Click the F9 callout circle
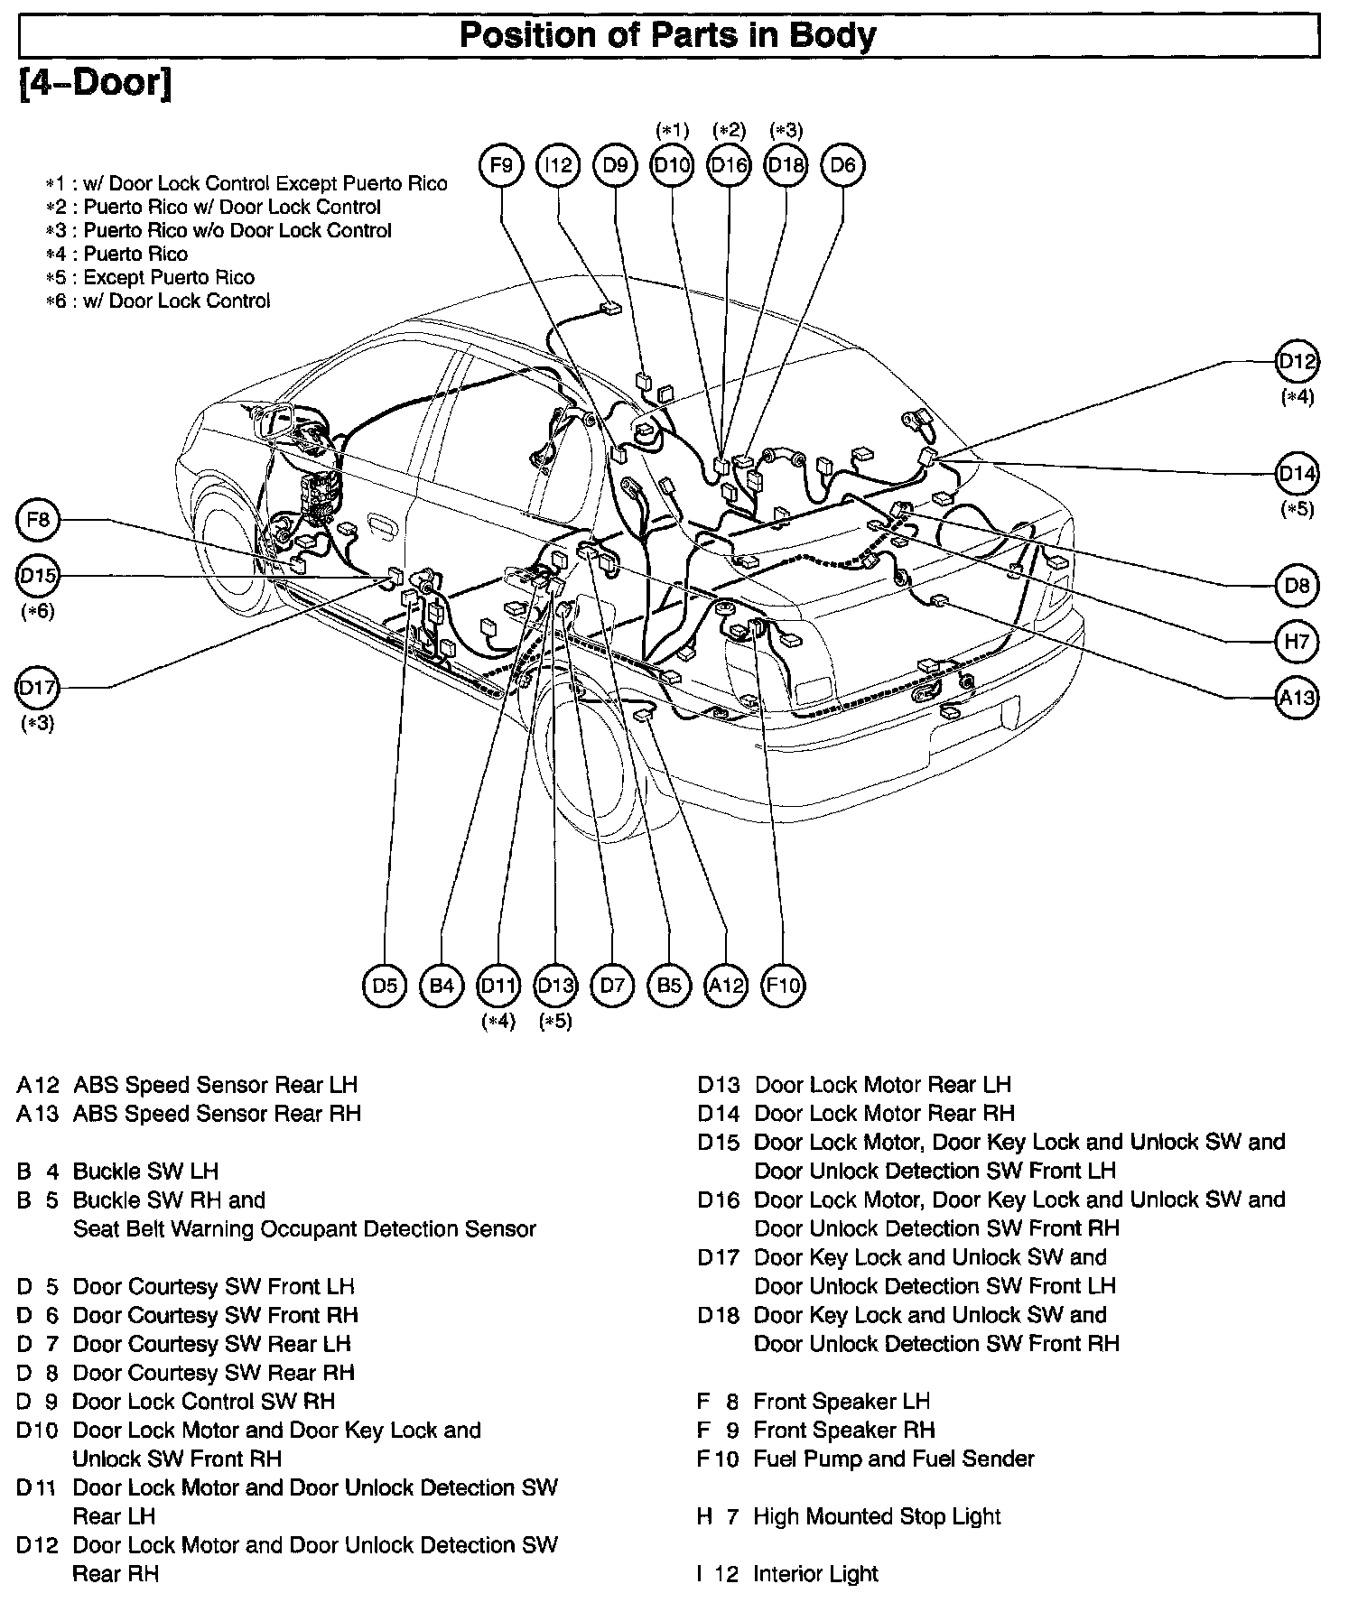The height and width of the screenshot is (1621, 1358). coord(501,165)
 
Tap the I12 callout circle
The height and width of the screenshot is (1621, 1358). coord(558,165)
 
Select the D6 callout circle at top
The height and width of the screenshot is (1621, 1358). coord(842,165)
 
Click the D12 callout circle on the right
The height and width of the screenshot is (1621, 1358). coord(1297,362)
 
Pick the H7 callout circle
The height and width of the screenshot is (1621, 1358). coord(1297,642)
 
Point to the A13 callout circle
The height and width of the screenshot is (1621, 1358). coord(1297,698)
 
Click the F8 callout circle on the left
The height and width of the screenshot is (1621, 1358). coord(39,520)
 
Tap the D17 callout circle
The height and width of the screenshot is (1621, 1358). coord(39,688)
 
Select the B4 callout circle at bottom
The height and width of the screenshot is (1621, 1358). coord(442,985)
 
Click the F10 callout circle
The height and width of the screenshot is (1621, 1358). coord(782,985)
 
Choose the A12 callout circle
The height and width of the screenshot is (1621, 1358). coord(726,985)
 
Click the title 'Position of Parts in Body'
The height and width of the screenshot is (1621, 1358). coord(667,36)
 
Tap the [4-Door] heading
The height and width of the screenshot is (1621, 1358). coord(95,84)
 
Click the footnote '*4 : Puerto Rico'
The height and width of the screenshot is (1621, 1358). coord(117,254)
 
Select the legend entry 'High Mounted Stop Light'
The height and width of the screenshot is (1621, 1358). coord(876,1516)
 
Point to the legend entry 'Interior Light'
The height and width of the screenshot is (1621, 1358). coord(815,1574)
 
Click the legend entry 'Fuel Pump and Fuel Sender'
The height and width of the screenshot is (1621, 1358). coord(893,1459)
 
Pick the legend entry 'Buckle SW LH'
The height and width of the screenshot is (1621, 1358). coord(145,1172)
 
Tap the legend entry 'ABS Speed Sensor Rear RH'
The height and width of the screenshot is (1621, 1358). coord(217,1114)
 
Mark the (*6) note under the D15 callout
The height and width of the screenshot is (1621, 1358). coord(38,611)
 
